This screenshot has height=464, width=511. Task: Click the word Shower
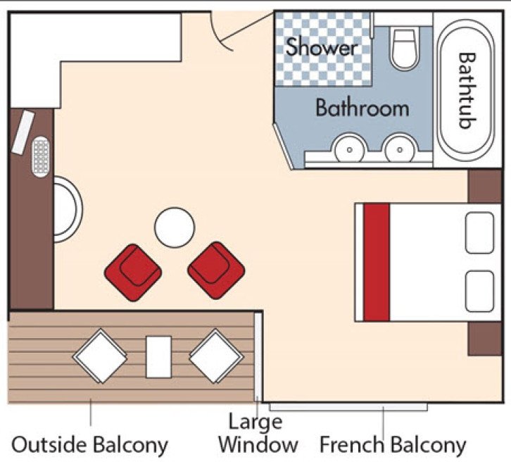(x=322, y=47)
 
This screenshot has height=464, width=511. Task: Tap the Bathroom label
(x=362, y=108)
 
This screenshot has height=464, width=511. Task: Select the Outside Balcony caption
(x=90, y=445)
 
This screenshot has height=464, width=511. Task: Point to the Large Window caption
(x=257, y=434)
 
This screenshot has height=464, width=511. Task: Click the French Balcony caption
(x=392, y=445)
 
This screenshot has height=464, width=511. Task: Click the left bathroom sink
(x=347, y=149)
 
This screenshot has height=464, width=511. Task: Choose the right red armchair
(x=216, y=268)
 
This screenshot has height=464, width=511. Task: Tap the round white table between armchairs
(x=175, y=227)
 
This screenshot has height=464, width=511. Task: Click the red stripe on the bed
(x=377, y=262)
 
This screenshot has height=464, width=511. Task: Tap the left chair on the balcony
(x=100, y=356)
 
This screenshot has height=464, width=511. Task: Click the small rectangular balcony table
(x=158, y=356)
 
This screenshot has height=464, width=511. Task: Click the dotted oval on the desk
(x=42, y=155)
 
